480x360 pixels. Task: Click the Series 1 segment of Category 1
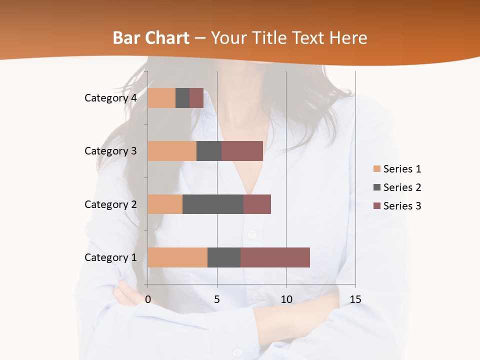[177, 257]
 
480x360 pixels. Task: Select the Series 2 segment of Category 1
[224, 257]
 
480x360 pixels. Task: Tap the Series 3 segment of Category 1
[275, 257]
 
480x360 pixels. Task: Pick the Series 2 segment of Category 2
[213, 204]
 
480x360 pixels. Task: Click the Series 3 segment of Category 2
[257, 204]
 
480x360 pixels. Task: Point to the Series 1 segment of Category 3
[172, 151]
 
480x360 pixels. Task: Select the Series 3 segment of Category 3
[242, 151]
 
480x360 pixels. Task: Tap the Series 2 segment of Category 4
[182, 98]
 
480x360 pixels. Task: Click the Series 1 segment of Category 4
[161, 98]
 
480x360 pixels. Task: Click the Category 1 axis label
[110, 257]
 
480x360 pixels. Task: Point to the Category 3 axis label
[110, 151]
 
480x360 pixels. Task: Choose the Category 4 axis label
[110, 98]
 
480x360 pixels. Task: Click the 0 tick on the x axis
[148, 299]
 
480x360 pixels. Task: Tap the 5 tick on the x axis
[217, 299]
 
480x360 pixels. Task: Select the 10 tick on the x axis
[286, 299]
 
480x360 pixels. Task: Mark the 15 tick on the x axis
[355, 299]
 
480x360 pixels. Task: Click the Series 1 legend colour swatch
[376, 169]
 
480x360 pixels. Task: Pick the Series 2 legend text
[402, 187]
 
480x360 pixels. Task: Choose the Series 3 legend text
[402, 206]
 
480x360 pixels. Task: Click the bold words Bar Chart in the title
[151, 38]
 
